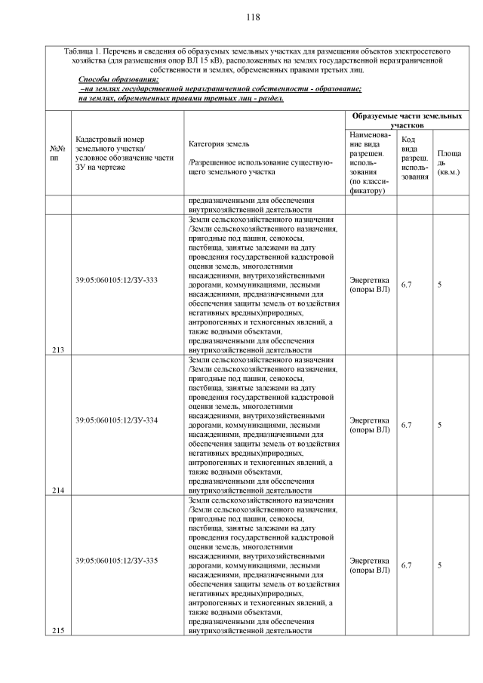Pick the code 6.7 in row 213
point(406,285)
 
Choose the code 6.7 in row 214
point(406,425)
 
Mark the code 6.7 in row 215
point(406,565)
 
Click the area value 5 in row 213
point(439,285)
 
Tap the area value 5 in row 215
point(439,565)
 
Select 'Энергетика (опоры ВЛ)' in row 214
point(369,425)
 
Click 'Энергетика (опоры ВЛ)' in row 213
point(369,285)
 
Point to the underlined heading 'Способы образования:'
point(118,79)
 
